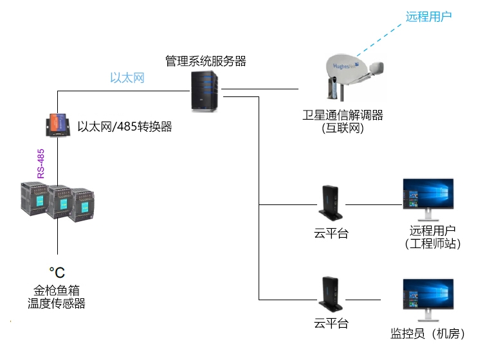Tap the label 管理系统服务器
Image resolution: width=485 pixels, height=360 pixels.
click(205, 61)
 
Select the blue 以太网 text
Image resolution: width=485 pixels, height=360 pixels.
click(127, 78)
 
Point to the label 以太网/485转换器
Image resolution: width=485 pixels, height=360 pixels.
click(125, 127)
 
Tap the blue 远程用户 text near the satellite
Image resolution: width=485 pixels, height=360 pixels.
click(428, 17)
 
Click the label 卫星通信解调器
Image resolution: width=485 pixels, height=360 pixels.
click(343, 115)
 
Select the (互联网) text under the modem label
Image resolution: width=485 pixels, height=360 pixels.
click(343, 128)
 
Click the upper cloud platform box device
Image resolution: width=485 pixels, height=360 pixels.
click(331, 203)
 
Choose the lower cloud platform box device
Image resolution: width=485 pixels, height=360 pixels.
click(331, 292)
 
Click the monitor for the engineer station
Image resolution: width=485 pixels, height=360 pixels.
click(428, 196)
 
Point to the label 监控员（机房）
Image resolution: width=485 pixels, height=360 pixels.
click(428, 334)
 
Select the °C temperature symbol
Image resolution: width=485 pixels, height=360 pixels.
click(57, 272)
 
